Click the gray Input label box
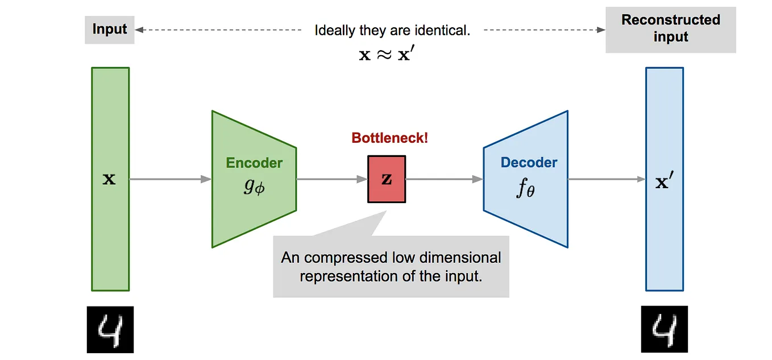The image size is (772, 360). [110, 30]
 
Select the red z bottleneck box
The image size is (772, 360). [387, 179]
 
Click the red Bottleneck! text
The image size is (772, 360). [389, 138]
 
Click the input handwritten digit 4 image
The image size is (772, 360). [110, 329]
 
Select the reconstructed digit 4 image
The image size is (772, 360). [664, 329]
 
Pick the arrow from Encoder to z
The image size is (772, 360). [332, 179]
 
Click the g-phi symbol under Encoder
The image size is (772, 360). [254, 187]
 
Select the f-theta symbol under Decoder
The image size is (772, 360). [526, 189]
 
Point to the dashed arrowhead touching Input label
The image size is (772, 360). [139, 30]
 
